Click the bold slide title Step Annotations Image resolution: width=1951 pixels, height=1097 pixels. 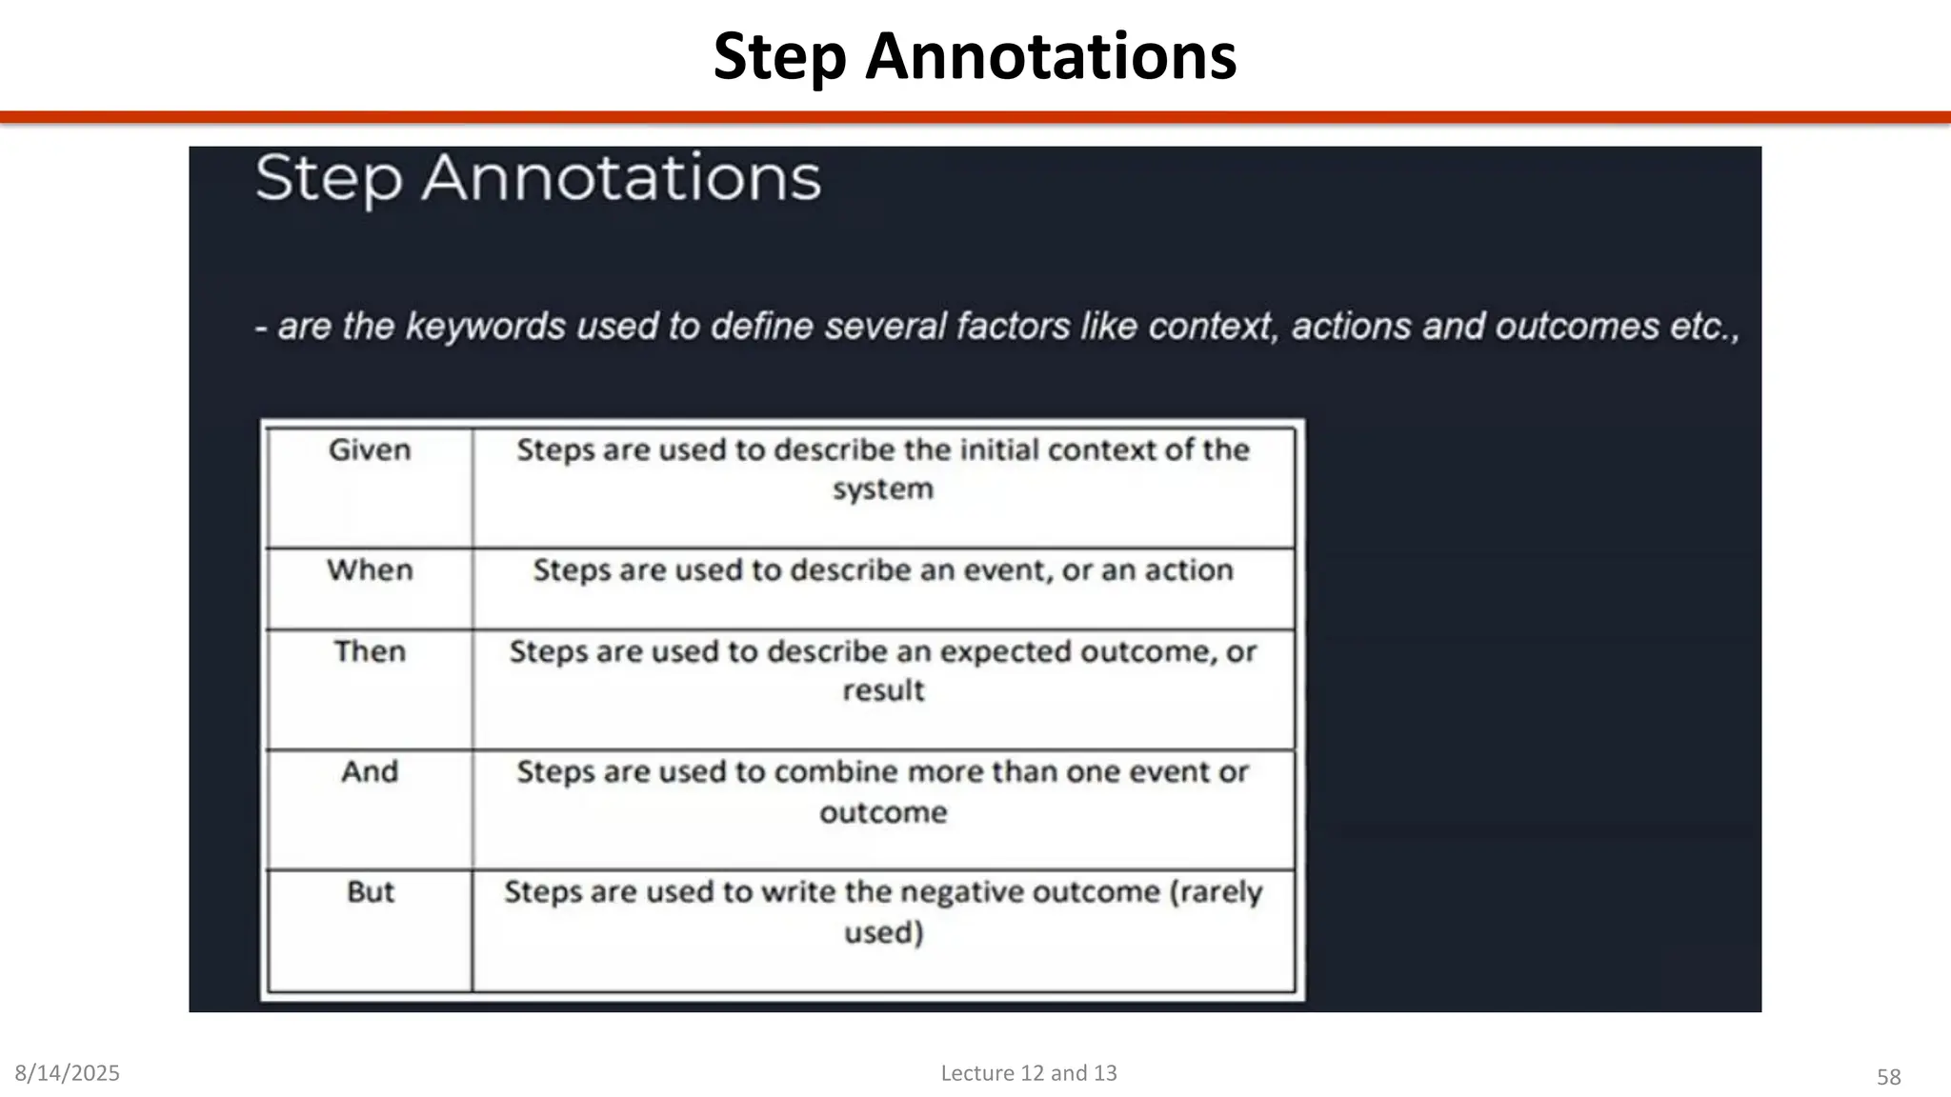975,57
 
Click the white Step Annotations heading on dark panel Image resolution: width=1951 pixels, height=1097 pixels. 537,179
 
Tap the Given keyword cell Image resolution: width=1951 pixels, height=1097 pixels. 370,449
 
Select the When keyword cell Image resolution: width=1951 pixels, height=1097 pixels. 370,569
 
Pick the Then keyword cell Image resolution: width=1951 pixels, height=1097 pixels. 370,651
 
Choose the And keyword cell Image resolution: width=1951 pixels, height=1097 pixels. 370,771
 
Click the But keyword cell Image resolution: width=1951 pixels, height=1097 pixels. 370,891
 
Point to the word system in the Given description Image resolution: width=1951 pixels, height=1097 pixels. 883,489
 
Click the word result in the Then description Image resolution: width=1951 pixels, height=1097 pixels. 883,690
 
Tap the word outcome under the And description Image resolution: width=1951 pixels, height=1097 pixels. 883,812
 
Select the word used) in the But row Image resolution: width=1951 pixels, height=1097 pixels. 883,931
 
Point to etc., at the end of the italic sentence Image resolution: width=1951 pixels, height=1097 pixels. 1704,327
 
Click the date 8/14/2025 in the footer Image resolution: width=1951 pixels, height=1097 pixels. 68,1073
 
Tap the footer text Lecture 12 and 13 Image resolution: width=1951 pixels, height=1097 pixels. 1029,1073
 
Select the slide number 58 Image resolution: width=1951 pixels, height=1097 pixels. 1888,1077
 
